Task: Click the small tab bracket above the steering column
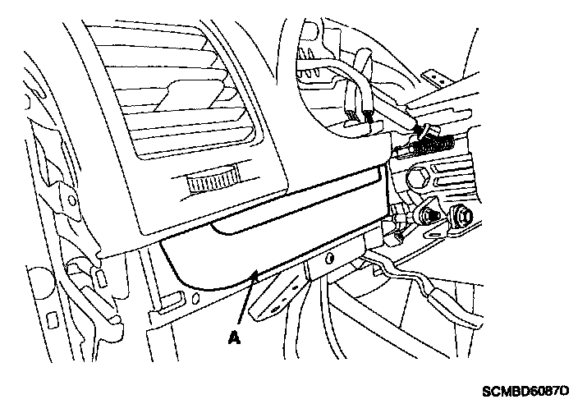[x=436, y=78]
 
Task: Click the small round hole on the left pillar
[x=76, y=196]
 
